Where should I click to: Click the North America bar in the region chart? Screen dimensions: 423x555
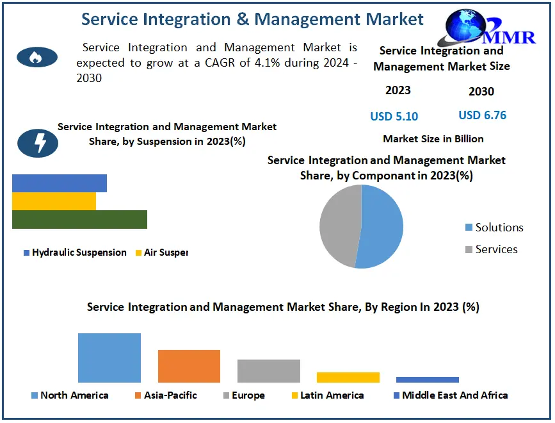click(109, 358)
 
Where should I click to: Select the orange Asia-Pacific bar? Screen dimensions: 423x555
click(189, 366)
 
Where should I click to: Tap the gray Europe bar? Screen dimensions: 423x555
click(268, 370)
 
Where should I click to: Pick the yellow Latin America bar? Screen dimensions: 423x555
click(348, 377)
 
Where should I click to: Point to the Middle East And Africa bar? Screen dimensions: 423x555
click(427, 379)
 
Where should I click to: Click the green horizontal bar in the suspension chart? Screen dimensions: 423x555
click(79, 219)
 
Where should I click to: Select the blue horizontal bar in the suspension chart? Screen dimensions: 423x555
click(60, 183)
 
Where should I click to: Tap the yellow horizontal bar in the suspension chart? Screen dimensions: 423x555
click(54, 201)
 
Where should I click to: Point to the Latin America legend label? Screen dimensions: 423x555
click(332, 395)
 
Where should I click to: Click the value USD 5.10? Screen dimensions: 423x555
click(394, 117)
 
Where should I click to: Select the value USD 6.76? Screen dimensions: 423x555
click(482, 115)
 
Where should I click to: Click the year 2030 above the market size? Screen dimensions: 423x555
click(481, 92)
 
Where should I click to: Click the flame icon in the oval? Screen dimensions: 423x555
click(37, 58)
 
